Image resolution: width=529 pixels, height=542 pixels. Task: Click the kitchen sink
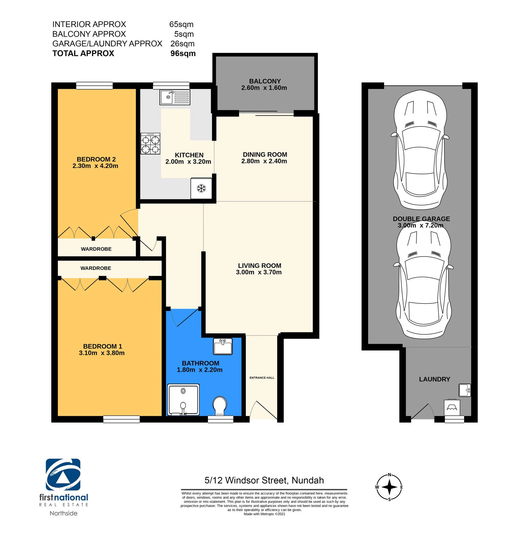pyautogui.click(x=175, y=97)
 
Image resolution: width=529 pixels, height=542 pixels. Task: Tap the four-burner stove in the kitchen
pyautogui.click(x=151, y=143)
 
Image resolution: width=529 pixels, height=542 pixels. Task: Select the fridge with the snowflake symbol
pyautogui.click(x=201, y=188)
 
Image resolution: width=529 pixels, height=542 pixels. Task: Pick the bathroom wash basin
pyautogui.click(x=223, y=346)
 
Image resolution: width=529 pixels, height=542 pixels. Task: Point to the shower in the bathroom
pyautogui.click(x=184, y=400)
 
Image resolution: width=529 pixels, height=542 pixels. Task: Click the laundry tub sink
pyautogui.click(x=465, y=390)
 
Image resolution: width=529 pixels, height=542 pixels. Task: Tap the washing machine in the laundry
pyautogui.click(x=452, y=407)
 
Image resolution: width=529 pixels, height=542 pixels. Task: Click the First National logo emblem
pyautogui.click(x=63, y=475)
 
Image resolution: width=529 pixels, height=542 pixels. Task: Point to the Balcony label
pyautogui.click(x=265, y=81)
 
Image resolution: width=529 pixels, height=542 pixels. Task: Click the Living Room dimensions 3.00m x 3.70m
pyautogui.click(x=259, y=272)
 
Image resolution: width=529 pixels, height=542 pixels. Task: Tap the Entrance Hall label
pyautogui.click(x=262, y=378)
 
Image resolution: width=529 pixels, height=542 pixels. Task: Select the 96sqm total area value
pyautogui.click(x=183, y=53)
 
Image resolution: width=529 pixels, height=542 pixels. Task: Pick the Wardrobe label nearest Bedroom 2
pyautogui.click(x=96, y=249)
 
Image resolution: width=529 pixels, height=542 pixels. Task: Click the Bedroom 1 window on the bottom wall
pyautogui.click(x=122, y=419)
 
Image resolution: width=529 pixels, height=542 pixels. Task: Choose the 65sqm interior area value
pyautogui.click(x=181, y=24)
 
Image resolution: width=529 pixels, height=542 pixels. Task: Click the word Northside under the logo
pyautogui.click(x=63, y=513)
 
